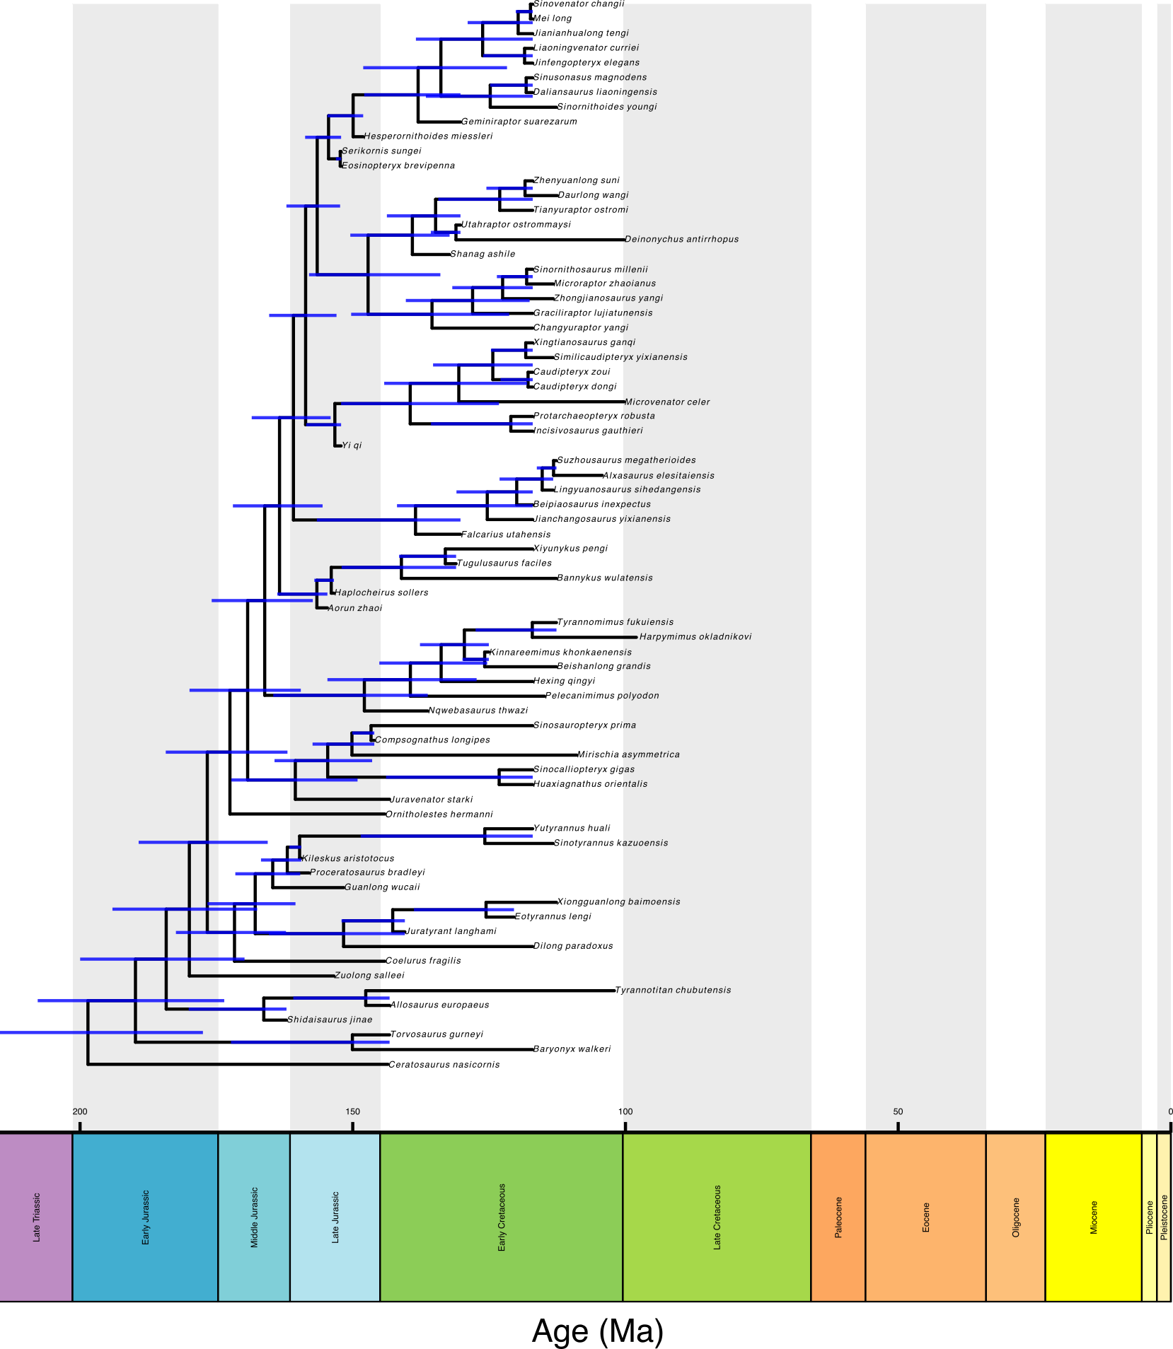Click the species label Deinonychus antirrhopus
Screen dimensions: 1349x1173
(x=681, y=240)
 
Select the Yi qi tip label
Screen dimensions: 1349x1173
(x=352, y=445)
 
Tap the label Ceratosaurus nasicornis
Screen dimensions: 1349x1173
(x=444, y=1065)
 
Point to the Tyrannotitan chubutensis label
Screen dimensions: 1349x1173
(x=673, y=991)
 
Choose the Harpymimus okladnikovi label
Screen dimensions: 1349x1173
(x=695, y=637)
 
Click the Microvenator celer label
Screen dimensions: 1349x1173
(x=667, y=402)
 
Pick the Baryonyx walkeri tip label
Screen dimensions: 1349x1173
(x=572, y=1049)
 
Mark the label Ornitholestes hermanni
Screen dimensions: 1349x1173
(x=439, y=814)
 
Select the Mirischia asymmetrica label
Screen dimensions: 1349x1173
(x=628, y=755)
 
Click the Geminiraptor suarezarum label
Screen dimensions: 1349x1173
(x=519, y=122)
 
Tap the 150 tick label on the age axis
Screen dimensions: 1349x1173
(x=352, y=1112)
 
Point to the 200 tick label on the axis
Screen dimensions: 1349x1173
(x=80, y=1112)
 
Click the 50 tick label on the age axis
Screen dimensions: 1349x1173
(x=898, y=1112)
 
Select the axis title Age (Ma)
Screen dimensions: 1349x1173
(x=598, y=1331)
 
